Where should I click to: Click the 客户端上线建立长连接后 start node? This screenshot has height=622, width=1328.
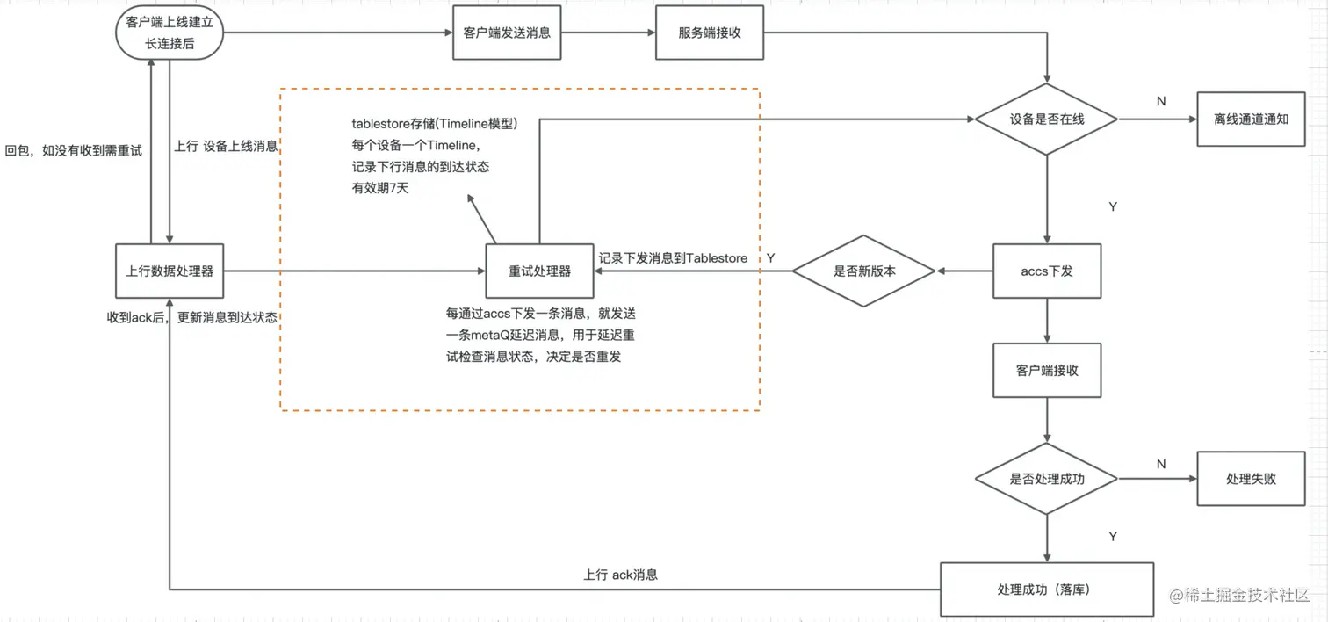pos(169,33)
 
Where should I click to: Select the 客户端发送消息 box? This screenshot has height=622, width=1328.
pos(507,33)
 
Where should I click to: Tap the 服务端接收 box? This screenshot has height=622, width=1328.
pos(710,33)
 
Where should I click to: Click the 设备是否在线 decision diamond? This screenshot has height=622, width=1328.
pos(1047,119)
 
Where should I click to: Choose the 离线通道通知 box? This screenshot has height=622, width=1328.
pos(1251,119)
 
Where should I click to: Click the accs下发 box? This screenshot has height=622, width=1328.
pos(1047,271)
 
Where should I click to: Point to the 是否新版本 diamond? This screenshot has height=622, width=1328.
pos(863,271)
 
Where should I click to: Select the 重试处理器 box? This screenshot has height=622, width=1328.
pos(539,271)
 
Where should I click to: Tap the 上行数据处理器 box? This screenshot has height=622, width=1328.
pos(170,271)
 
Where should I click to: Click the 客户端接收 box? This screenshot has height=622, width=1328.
pos(1047,370)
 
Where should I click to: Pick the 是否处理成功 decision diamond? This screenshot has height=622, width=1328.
pos(1047,479)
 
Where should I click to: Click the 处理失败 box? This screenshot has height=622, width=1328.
pos(1251,479)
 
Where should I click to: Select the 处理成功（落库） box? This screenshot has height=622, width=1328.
pos(1047,589)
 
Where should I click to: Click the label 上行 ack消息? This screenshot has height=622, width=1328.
pos(620,575)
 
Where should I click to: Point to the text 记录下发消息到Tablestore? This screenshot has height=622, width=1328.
pos(673,258)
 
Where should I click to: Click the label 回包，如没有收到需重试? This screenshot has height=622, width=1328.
pos(73,150)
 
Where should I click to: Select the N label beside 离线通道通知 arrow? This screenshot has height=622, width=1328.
pos(1161,101)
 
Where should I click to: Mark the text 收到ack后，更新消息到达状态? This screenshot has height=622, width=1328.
pos(191,317)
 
